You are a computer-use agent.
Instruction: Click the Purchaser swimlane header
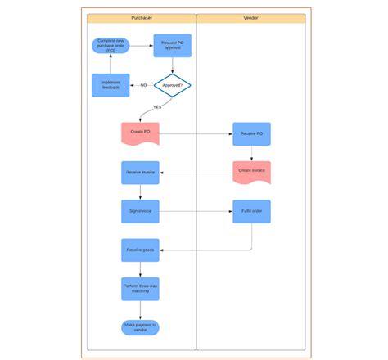(x=141, y=18)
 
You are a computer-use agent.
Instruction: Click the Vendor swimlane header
(x=250, y=18)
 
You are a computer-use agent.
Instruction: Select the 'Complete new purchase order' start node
(x=111, y=45)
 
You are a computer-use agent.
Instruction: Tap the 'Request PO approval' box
(x=172, y=46)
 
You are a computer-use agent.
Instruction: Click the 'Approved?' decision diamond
(x=172, y=84)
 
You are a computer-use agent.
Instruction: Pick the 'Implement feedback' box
(x=111, y=85)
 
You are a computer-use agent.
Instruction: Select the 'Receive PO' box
(x=251, y=133)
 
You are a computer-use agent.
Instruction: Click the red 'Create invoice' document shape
(x=251, y=172)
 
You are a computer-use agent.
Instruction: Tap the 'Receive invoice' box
(x=140, y=173)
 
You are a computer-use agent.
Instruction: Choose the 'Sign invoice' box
(x=140, y=211)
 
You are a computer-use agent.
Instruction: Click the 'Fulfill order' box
(x=251, y=211)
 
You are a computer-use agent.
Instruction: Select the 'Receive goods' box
(x=140, y=250)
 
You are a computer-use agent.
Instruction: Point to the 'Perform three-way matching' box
(x=140, y=288)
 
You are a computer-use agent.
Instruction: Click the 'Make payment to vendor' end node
(x=140, y=326)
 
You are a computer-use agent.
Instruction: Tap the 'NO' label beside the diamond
(x=143, y=85)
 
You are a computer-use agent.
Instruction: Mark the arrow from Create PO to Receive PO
(x=196, y=133)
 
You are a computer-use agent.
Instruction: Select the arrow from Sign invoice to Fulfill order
(x=196, y=211)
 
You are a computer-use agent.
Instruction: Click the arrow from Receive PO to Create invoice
(x=251, y=153)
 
